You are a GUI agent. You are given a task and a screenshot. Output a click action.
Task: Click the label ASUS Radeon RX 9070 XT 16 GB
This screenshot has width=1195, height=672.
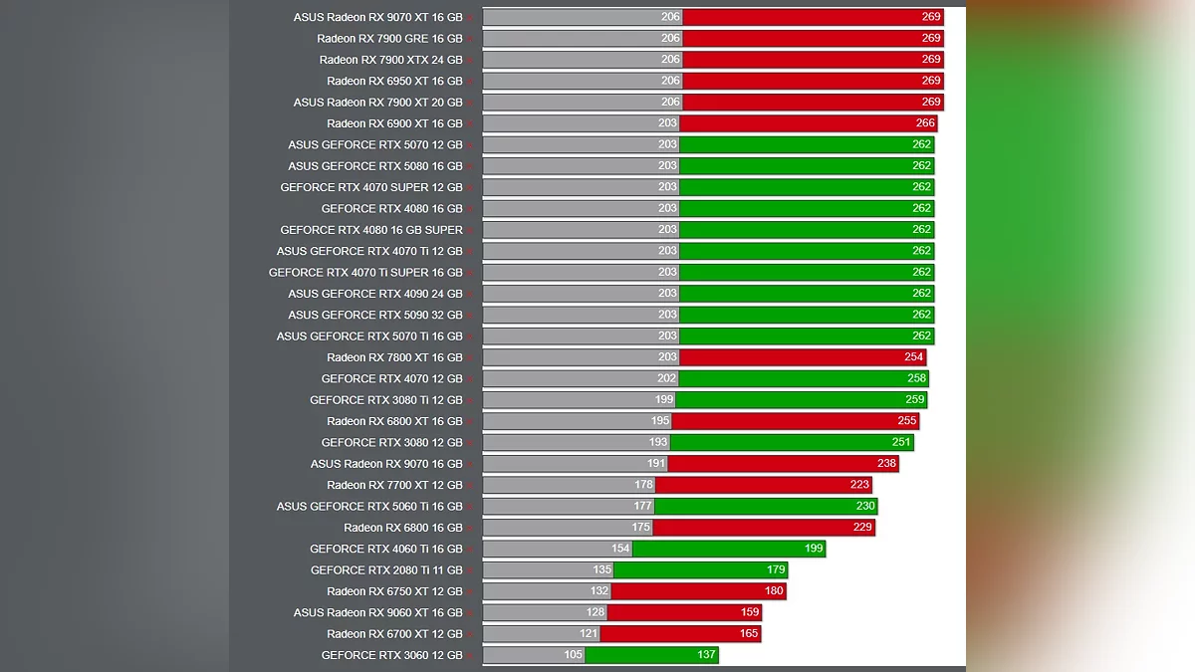(x=377, y=17)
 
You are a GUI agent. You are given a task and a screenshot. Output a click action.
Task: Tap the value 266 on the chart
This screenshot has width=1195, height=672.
(x=925, y=123)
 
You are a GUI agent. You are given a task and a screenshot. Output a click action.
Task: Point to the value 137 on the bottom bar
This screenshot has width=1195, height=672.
(x=706, y=655)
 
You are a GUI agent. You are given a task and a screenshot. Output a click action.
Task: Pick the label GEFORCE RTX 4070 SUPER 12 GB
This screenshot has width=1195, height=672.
(x=371, y=187)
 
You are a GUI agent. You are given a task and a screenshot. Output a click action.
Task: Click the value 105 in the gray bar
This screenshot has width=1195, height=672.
(x=573, y=655)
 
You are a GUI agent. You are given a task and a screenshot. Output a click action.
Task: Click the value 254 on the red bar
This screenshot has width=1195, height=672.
(x=914, y=357)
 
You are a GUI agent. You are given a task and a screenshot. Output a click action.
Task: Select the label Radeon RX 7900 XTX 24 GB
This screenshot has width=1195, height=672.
(x=390, y=60)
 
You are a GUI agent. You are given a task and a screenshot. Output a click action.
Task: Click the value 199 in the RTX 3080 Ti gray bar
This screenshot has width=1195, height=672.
(x=664, y=399)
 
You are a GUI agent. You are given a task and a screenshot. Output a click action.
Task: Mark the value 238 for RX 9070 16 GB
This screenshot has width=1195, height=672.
(x=886, y=463)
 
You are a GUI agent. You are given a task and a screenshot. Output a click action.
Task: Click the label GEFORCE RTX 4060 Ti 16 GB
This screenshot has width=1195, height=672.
(x=386, y=549)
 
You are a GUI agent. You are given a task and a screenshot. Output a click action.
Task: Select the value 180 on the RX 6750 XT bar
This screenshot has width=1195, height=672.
(x=774, y=591)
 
